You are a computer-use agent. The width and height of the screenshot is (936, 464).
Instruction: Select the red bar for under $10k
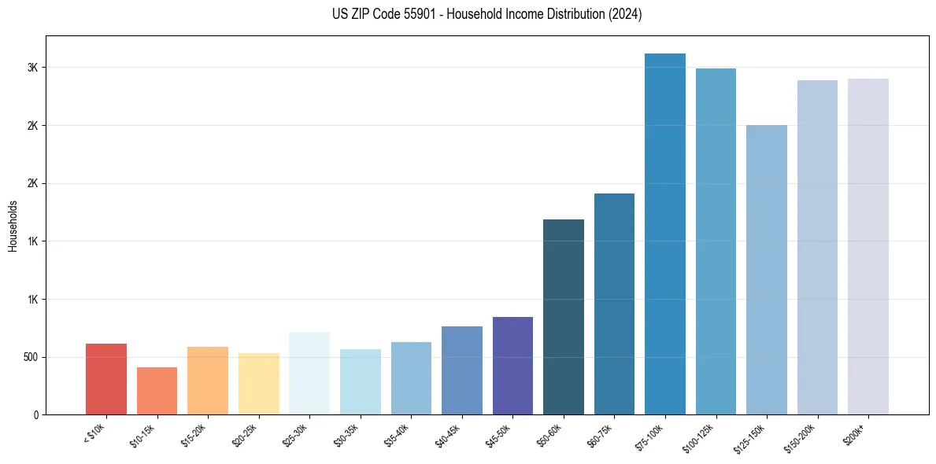point(106,379)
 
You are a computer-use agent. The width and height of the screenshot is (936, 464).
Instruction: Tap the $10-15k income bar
point(157,391)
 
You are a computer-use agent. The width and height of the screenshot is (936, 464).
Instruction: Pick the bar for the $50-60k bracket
point(564,317)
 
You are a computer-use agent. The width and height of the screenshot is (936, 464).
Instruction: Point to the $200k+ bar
point(868,246)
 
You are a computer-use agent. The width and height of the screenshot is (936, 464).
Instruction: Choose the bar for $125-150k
point(767,270)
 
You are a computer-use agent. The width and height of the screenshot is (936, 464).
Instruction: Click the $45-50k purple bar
point(512,366)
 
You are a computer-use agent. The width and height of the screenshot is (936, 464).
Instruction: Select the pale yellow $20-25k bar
point(259,384)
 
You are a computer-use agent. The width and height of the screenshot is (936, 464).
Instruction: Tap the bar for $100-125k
point(716,241)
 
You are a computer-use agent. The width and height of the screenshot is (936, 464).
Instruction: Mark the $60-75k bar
point(614,304)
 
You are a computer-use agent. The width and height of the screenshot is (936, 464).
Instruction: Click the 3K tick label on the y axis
point(32,68)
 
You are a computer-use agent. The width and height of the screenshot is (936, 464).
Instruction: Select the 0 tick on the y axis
point(35,414)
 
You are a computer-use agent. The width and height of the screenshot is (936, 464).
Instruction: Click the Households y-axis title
point(13,226)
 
